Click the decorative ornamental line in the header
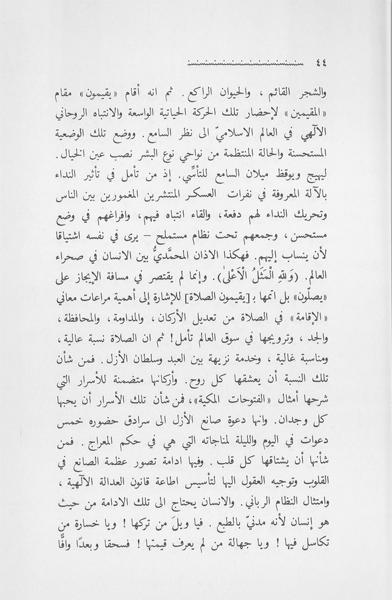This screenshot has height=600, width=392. click(246, 65)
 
